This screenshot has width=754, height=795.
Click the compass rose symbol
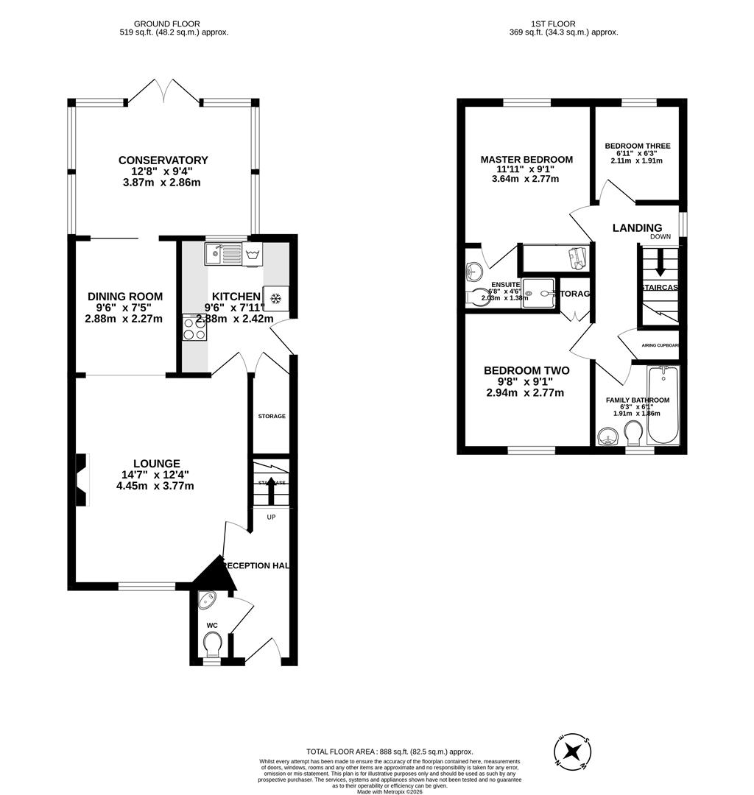tap(572, 752)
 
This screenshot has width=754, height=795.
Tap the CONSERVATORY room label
tap(163, 160)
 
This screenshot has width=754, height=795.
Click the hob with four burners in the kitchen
tap(194, 328)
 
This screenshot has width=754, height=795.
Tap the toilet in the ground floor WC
tap(212, 646)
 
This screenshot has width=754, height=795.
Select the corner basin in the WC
tap(207, 600)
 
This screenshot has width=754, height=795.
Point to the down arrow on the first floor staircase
tap(660, 262)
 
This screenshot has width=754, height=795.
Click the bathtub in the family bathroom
tap(663, 406)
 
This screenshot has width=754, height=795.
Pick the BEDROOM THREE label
tap(638, 146)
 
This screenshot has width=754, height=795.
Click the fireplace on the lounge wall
tap(81, 480)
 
